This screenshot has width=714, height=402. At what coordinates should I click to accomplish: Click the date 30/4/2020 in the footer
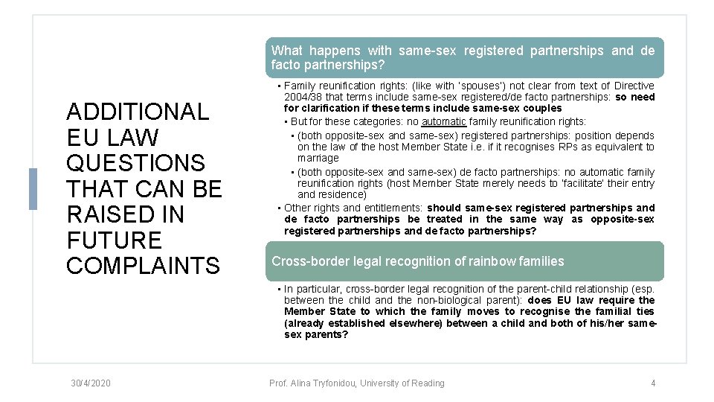pos(91,383)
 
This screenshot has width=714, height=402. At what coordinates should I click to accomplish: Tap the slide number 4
pos(653,383)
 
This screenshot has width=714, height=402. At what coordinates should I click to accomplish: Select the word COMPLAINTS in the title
pos(143,266)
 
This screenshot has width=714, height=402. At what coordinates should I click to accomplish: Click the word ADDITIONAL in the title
pos(138,112)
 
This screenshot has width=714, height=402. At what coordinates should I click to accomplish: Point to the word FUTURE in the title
pos(114,240)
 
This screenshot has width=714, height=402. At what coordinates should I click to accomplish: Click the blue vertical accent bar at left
pos(32,189)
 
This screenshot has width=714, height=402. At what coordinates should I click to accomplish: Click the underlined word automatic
pos(443,121)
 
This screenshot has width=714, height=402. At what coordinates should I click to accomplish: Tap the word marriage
pos(318,158)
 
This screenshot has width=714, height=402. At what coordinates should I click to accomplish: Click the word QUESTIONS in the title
pos(135,163)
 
